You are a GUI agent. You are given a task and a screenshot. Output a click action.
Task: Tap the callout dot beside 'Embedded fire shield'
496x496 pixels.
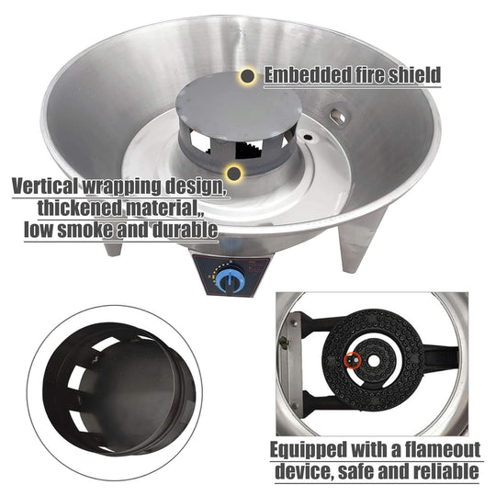point(248,76)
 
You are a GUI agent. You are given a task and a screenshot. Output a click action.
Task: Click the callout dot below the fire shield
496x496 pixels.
point(234,173)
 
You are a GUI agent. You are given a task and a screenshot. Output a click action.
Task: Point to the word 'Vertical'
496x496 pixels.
point(46,186)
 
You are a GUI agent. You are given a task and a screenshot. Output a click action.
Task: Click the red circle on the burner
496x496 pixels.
point(352,361)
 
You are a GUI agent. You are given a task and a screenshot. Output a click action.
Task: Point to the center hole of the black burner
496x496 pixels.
point(374,361)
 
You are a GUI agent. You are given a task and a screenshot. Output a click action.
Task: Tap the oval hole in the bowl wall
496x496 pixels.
point(338,118)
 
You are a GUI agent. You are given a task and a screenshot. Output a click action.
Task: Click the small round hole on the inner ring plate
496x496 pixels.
point(308,137)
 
